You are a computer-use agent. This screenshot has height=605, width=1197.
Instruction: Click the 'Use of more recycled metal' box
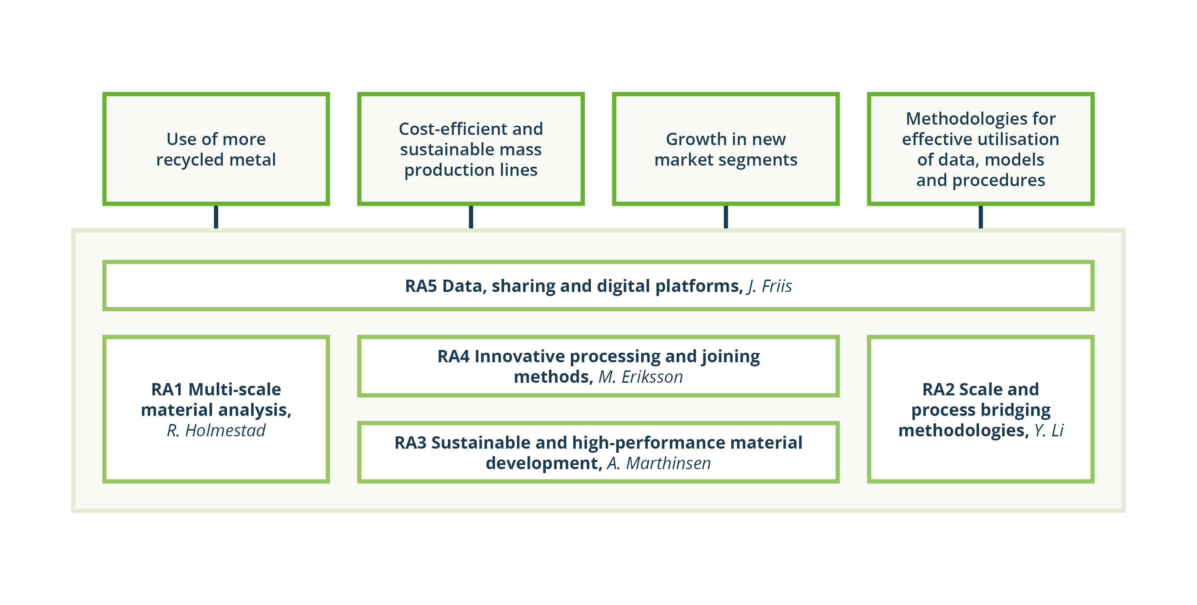(216, 149)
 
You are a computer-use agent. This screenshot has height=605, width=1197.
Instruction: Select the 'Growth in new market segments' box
(726, 149)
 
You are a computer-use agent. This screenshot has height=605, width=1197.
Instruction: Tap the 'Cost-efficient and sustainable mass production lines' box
(471, 149)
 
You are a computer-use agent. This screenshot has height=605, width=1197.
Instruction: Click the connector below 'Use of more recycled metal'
(216, 217)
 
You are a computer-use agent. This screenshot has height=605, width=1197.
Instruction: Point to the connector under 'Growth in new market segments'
(726, 217)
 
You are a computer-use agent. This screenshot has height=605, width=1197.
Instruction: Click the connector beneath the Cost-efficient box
(471, 217)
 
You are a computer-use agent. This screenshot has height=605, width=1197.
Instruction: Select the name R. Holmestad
(216, 431)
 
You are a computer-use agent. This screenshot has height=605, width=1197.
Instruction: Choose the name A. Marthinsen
(659, 464)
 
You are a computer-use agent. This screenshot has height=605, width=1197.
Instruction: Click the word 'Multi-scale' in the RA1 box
(235, 390)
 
